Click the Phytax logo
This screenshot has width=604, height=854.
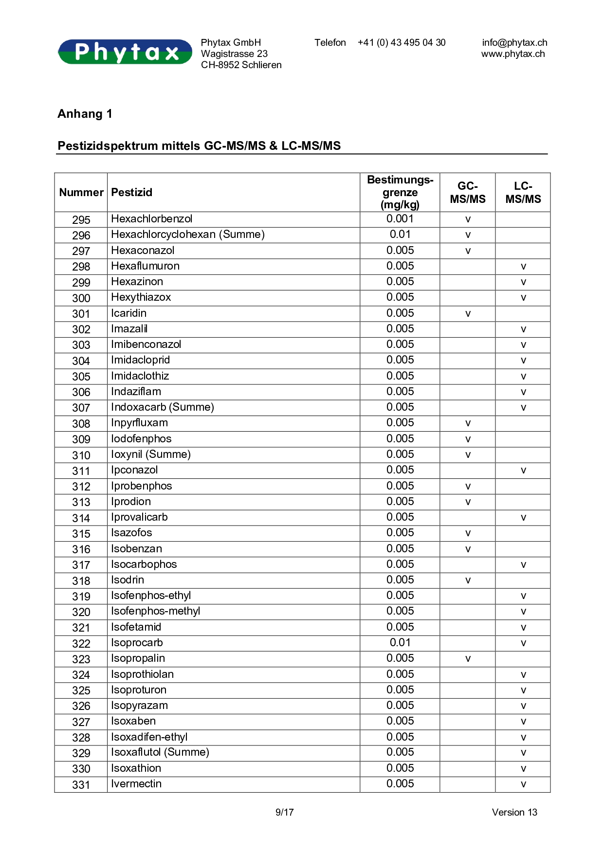[125, 52]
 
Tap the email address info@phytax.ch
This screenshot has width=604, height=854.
[514, 43]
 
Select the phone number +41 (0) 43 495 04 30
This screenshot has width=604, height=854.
[402, 43]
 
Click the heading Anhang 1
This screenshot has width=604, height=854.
[85, 114]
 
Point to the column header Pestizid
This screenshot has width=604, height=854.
[132, 193]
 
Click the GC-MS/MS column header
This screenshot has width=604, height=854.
[467, 193]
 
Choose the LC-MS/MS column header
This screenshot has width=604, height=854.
[523, 193]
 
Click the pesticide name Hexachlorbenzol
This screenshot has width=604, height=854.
[152, 219]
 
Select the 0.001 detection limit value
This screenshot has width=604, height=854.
[400, 219]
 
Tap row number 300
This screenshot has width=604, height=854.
[81, 298]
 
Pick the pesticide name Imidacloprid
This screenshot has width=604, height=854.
[141, 360]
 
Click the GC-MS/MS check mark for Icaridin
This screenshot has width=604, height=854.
[468, 314]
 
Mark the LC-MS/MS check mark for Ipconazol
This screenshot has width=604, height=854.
[523, 471]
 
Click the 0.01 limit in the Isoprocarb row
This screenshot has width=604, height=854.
[400, 643]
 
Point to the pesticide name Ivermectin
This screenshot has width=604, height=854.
[136, 784]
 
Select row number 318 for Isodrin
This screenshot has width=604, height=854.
[81, 581]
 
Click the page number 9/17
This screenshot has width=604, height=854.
[285, 812]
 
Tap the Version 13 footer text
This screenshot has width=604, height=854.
[514, 812]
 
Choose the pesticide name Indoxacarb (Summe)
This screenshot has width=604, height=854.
[163, 407]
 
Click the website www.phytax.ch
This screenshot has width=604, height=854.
[513, 54]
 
